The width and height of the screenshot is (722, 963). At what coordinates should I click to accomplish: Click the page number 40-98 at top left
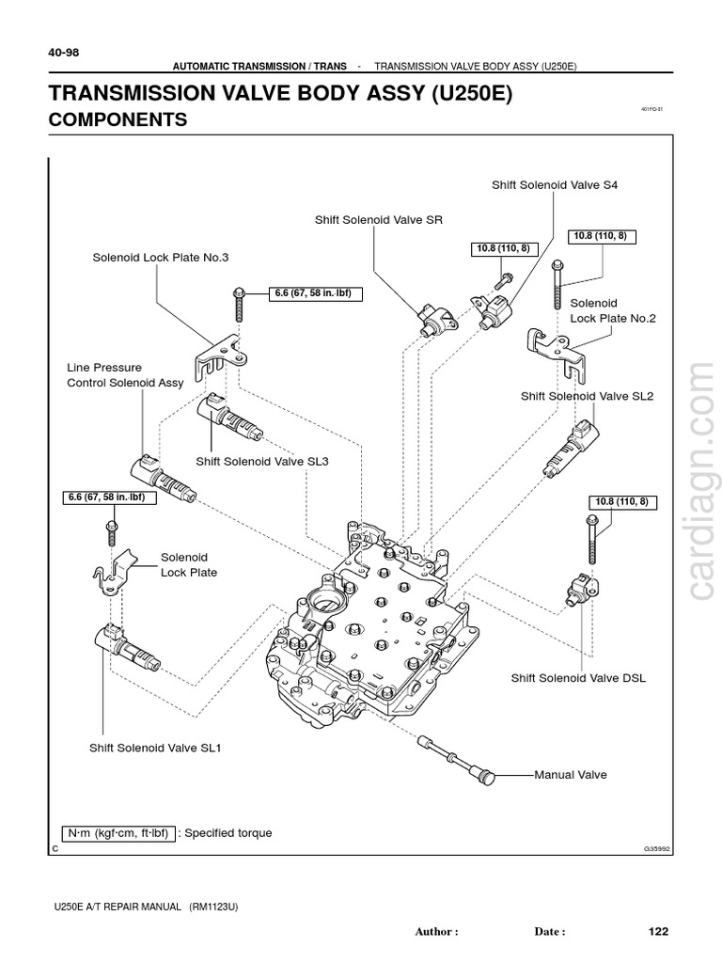(x=64, y=53)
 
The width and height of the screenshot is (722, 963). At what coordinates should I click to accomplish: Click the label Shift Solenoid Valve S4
(x=555, y=185)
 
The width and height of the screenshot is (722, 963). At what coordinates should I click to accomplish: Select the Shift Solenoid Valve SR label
(x=378, y=220)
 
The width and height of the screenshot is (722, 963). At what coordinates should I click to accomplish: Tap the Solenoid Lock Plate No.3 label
(x=160, y=257)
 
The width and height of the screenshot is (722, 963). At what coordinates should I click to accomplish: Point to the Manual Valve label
(x=571, y=775)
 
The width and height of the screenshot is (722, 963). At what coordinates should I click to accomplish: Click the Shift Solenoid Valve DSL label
(x=578, y=677)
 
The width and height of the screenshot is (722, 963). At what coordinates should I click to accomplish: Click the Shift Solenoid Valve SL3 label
(x=261, y=461)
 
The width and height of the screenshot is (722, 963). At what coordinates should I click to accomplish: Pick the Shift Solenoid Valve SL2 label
(x=587, y=396)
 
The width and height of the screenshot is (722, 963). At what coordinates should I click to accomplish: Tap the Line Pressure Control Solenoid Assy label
(x=125, y=375)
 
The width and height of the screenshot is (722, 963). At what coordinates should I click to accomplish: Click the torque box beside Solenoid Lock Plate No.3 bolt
(x=316, y=293)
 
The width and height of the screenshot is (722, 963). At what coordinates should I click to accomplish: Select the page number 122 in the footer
(x=658, y=931)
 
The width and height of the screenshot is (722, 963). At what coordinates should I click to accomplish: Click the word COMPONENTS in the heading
(x=118, y=119)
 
